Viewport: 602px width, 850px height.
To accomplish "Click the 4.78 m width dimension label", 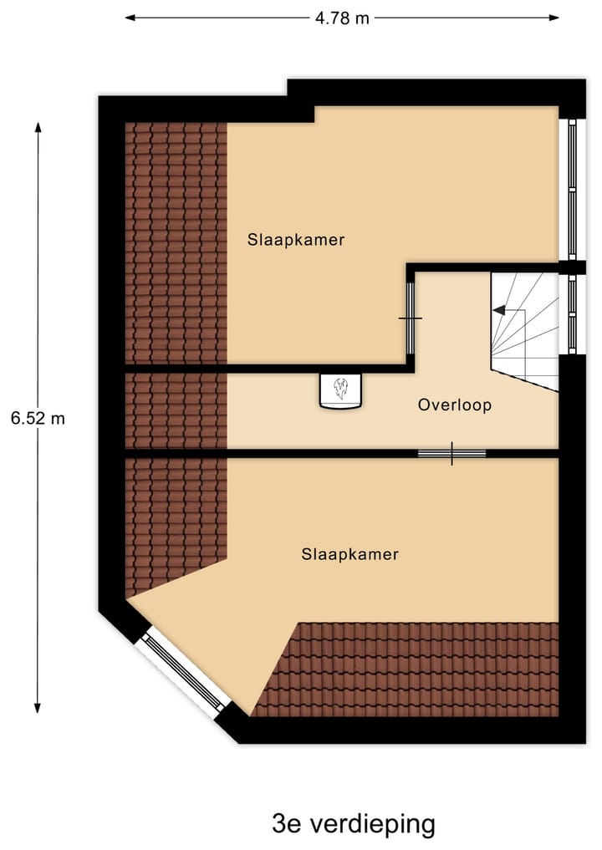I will [342, 18].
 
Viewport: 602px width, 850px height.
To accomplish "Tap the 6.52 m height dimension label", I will [38, 418].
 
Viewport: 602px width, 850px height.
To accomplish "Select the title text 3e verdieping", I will [354, 824].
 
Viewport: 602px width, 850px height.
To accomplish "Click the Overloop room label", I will [454, 405].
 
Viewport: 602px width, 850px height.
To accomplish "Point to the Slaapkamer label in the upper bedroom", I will [296, 240].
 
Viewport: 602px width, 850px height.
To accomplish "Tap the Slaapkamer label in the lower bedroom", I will [349, 554].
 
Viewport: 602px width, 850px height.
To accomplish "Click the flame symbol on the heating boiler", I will [340, 389].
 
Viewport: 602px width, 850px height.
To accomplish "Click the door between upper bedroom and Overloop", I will [410, 318].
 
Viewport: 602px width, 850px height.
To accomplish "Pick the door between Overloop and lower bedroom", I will [451, 453].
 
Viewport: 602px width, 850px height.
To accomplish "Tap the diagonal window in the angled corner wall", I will [181, 672].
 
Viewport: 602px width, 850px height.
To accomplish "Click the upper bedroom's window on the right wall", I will [572, 189].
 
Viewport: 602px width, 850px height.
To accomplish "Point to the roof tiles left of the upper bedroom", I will [176, 242].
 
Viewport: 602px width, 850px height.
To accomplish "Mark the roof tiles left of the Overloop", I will [176, 410].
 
